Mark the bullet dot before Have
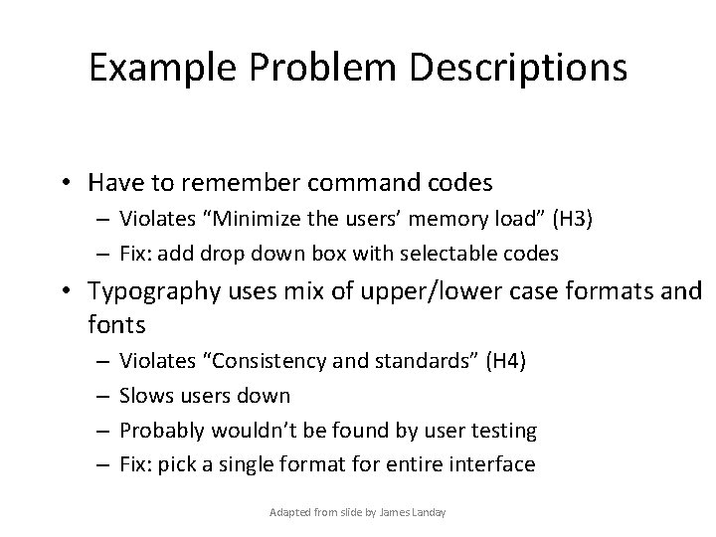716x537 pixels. click(x=75, y=184)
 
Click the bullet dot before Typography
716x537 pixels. click(x=75, y=291)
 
